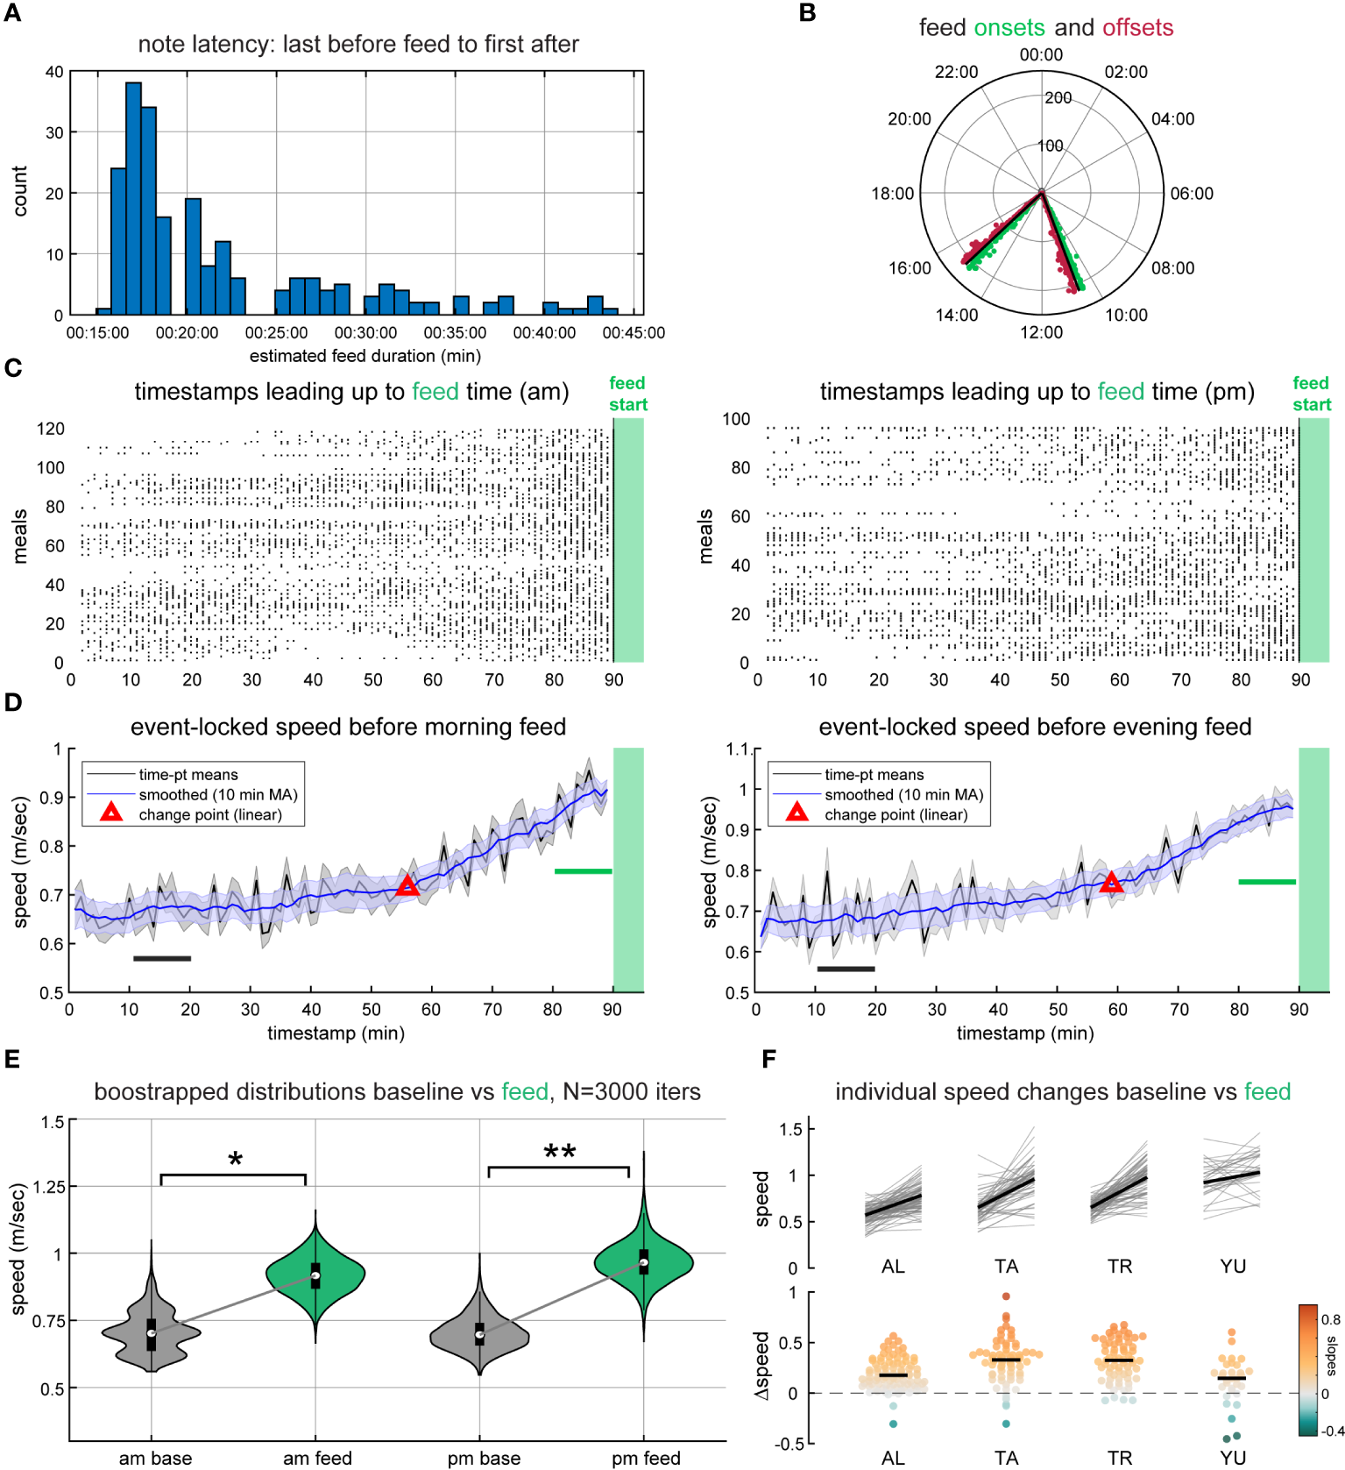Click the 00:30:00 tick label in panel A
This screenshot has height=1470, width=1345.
(365, 333)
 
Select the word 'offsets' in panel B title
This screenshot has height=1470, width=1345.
(1137, 27)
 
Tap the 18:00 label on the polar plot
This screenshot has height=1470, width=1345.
(892, 194)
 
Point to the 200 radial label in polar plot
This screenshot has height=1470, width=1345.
(1058, 97)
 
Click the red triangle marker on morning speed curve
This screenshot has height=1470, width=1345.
(407, 885)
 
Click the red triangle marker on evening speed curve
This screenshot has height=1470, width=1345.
(1111, 883)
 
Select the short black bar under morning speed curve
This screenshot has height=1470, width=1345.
(162, 958)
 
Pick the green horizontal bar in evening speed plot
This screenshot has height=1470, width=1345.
(1266, 881)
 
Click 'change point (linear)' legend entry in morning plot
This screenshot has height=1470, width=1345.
(210, 815)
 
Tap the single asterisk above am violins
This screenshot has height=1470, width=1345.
(235, 1161)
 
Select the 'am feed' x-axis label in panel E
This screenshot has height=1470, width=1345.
(317, 1458)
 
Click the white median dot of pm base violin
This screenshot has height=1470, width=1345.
(479, 1335)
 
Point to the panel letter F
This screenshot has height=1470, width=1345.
(769, 1059)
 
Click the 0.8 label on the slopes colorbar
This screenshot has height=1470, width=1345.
(1330, 1319)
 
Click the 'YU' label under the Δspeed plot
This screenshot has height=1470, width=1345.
(1232, 1458)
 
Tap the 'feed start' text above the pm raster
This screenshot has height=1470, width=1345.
(1311, 394)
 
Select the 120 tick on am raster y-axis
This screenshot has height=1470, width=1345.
(50, 429)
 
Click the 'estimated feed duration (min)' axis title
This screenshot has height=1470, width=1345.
(365, 356)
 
